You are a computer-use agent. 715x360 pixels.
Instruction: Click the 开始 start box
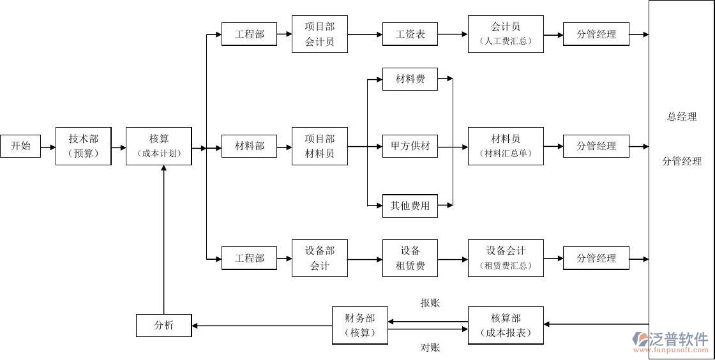[20, 146]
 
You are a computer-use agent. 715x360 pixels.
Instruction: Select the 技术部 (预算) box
[84, 146]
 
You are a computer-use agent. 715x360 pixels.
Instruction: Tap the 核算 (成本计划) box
[159, 146]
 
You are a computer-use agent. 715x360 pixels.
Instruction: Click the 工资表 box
[410, 34]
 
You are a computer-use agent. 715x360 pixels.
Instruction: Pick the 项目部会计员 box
[320, 34]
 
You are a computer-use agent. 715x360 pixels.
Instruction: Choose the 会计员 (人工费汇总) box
[506, 34]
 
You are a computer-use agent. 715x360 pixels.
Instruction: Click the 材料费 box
[410, 79]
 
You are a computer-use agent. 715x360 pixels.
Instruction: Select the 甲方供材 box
[410, 146]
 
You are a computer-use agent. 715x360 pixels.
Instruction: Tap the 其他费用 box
[410, 206]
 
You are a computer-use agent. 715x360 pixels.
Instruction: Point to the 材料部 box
[249, 146]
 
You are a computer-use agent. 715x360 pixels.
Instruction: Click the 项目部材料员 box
[320, 146]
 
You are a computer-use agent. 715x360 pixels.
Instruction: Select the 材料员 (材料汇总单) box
[506, 146]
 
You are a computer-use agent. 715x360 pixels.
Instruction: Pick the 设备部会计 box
[320, 259]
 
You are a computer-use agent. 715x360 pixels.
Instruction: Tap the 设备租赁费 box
[410, 259]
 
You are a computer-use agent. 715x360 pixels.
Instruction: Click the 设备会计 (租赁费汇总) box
[506, 259]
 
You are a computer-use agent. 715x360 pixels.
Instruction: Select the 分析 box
[164, 325]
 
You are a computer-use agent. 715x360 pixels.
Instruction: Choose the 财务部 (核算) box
[360, 325]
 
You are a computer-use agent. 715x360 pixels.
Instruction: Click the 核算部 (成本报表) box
[506, 325]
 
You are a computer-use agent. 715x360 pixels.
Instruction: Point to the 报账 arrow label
[430, 303]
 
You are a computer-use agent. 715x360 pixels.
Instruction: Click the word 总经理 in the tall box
[681, 117]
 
